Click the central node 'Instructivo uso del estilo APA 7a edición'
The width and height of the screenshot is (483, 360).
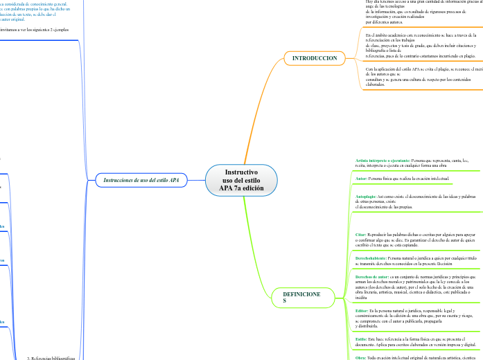coord(241,180)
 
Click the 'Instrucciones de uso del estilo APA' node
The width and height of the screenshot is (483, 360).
coord(141,180)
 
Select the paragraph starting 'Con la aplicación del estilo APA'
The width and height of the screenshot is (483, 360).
coord(421,76)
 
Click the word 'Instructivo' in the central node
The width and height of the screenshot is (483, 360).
coord(241,172)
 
